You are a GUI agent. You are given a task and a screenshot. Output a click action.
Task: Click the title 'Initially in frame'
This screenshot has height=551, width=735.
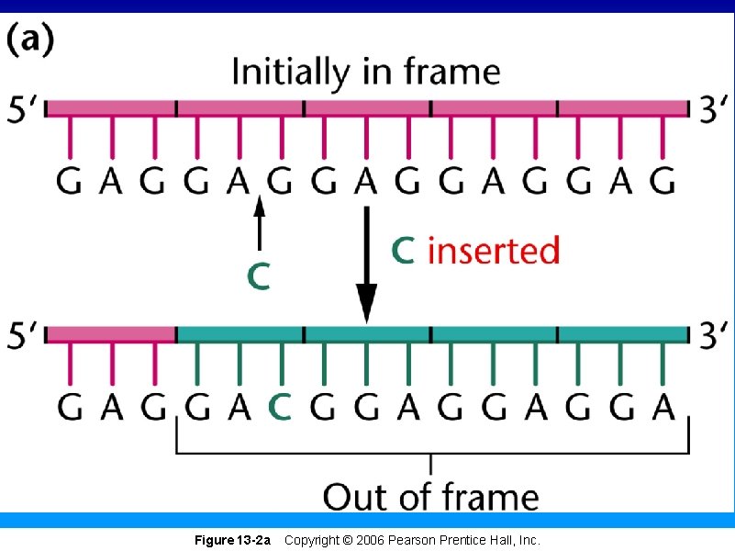click(366, 71)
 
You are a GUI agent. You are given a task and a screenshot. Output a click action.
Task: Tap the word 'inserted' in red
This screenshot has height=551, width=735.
click(494, 249)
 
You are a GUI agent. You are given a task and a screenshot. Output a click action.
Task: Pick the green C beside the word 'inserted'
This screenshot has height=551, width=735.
click(404, 249)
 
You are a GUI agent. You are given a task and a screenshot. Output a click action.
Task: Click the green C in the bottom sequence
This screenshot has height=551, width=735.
click(280, 406)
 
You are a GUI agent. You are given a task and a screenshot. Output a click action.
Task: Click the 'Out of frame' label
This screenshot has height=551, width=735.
click(430, 497)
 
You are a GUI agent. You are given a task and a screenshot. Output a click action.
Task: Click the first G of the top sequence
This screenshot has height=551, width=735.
click(69, 181)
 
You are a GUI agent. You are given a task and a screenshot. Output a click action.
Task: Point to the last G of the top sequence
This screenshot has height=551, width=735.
click(662, 181)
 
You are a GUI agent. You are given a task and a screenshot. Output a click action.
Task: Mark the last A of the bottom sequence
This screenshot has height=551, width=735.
click(663, 406)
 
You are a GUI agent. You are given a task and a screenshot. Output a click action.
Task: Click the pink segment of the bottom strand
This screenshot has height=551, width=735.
click(110, 332)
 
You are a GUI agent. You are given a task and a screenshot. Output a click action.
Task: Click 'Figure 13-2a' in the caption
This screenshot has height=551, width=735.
click(232, 541)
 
